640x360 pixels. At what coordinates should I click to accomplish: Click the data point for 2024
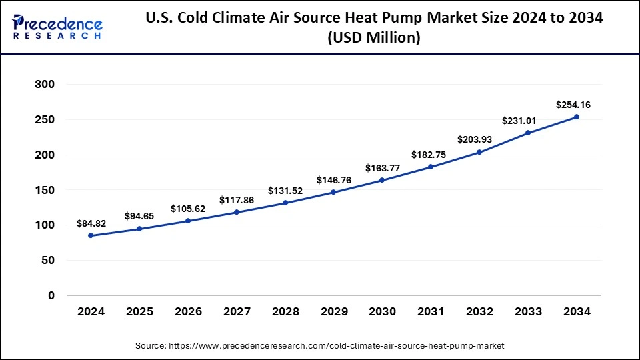point(91,235)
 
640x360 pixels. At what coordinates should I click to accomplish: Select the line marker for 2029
point(333,192)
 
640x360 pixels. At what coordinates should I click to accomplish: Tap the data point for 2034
point(577,117)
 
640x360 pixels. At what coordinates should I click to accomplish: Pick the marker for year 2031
point(431,167)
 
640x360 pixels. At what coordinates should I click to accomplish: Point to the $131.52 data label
point(285,190)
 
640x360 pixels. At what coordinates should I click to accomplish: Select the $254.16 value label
point(573,105)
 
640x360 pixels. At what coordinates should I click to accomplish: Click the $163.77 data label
point(382,168)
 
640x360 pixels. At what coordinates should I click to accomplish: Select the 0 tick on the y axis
point(51,295)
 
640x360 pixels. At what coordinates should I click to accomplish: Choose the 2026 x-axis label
point(188,311)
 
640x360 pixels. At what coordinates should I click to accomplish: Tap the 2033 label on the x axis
point(528,311)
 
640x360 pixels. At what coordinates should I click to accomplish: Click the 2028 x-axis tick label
point(285,311)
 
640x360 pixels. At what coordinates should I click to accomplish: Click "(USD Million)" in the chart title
point(373,39)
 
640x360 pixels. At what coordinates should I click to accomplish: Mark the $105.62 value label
point(188,208)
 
